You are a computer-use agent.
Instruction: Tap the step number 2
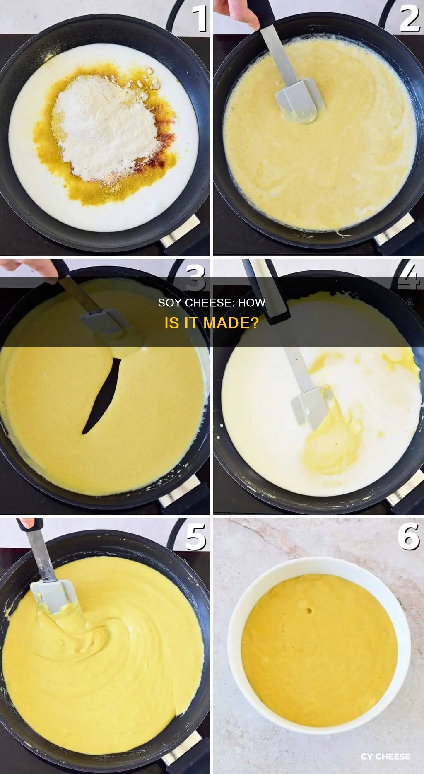click(x=409, y=19)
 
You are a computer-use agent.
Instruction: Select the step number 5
click(x=195, y=537)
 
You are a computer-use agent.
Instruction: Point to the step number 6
click(x=409, y=536)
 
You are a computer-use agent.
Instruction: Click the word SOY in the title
click(x=170, y=303)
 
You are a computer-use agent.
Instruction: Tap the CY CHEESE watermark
click(x=385, y=757)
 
